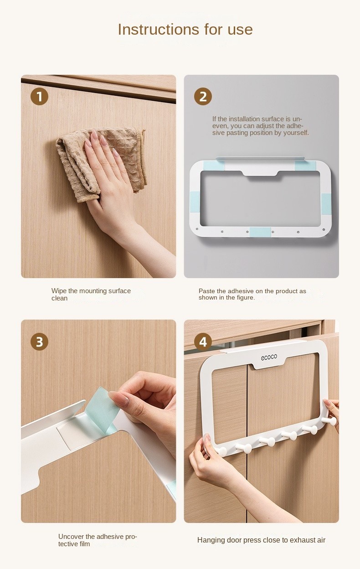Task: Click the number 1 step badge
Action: (39, 97)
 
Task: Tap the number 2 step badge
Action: (203, 97)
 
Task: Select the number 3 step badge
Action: (39, 341)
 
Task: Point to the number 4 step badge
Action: (203, 341)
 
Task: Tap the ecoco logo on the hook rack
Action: (269, 357)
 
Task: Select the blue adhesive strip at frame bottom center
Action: (260, 232)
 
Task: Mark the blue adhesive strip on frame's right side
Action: (326, 204)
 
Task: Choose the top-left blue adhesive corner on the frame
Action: (214, 166)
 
